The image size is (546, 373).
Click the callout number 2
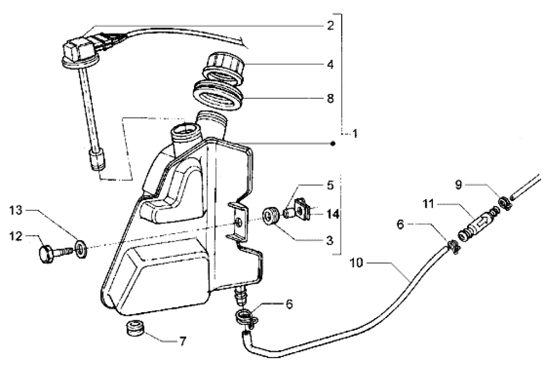[330, 26]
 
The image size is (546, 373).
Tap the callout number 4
[330, 65]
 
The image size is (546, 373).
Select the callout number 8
[330, 98]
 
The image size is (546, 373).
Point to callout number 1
[355, 133]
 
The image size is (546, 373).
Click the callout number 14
[333, 213]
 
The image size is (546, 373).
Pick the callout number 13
[15, 211]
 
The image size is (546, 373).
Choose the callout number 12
[15, 236]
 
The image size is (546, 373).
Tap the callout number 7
[183, 342]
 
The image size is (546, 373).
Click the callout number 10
[356, 263]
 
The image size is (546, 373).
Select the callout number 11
[428, 203]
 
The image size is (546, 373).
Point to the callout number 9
[458, 185]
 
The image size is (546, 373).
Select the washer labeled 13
[81, 249]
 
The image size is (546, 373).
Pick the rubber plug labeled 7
[135, 329]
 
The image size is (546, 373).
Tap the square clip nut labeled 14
[302, 210]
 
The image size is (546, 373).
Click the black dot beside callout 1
[333, 144]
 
